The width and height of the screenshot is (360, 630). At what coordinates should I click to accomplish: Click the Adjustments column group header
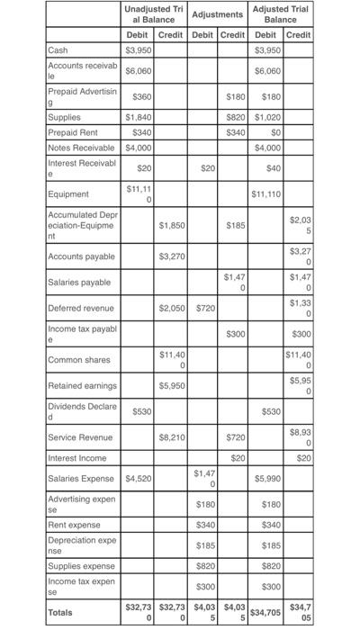[218, 14]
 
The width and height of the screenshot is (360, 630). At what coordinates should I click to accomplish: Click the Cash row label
[58, 49]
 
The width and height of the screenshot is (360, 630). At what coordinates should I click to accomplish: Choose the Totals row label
[64, 611]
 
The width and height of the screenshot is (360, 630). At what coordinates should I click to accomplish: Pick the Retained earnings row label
[83, 385]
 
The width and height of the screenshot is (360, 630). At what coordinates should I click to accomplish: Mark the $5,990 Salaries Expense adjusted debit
[267, 479]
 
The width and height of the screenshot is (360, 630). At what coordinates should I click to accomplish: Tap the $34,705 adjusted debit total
[266, 611]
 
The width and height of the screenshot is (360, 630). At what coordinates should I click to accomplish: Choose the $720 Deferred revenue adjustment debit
[206, 308]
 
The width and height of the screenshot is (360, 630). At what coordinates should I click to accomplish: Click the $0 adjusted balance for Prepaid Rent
[267, 131]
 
